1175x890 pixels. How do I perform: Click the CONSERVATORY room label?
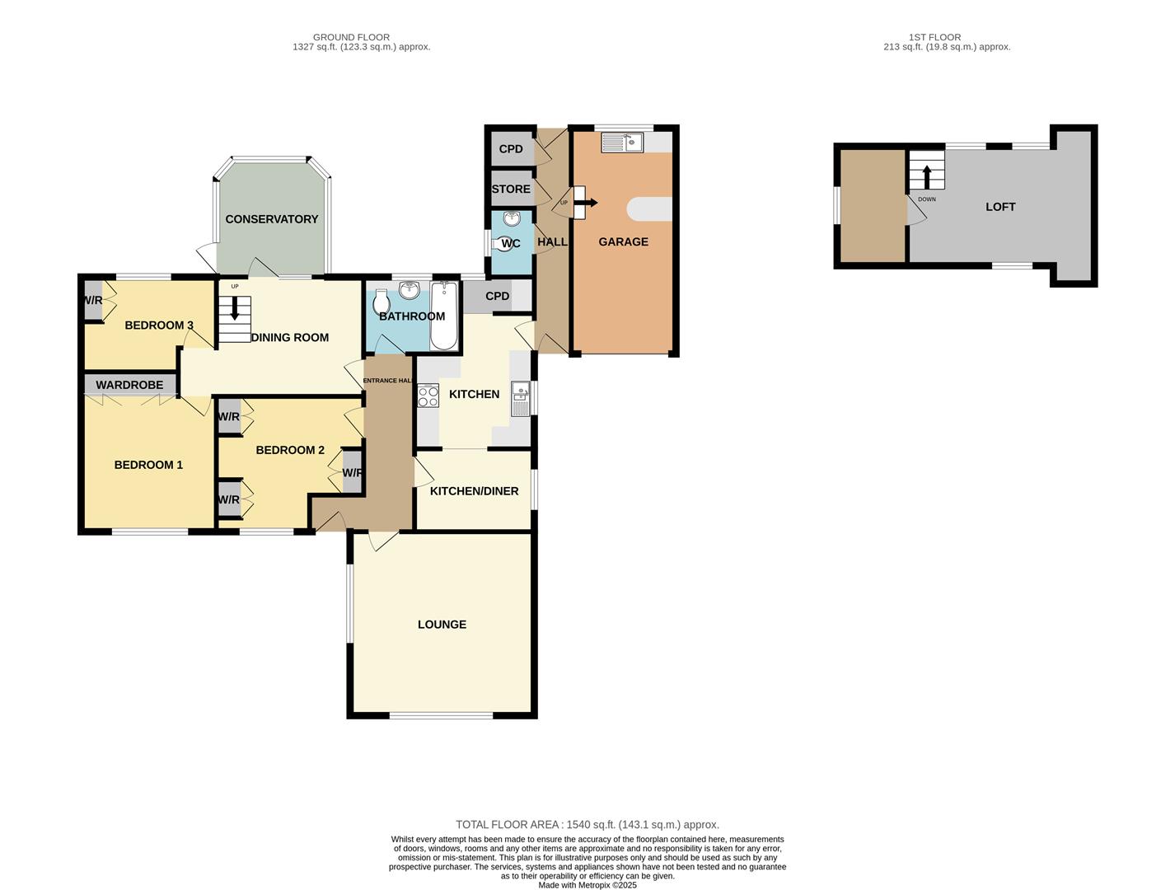coord(271,219)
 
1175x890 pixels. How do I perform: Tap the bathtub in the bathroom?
coord(442,316)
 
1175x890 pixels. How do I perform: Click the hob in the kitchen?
coord(428,396)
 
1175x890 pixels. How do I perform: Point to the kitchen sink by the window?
coord(520,399)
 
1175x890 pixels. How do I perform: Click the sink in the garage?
coord(622,143)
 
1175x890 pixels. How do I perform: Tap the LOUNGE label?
coord(442,625)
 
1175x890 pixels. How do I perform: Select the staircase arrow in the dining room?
coord(235,309)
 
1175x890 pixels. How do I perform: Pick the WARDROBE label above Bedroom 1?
coord(129,385)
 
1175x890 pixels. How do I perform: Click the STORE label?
coord(511,190)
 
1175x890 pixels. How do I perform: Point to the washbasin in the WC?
coord(512,218)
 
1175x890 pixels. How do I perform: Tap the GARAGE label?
coord(623,241)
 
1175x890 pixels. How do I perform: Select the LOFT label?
coord(1000,207)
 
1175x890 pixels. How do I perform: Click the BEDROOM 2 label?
coord(290,450)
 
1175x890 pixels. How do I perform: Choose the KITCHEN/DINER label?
coord(474,491)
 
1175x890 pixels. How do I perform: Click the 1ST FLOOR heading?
coord(934,37)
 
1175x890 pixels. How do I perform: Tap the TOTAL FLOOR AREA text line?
coord(587,824)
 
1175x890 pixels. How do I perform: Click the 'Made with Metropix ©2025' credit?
coord(587,885)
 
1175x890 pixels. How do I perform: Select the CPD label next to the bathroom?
coord(497,297)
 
